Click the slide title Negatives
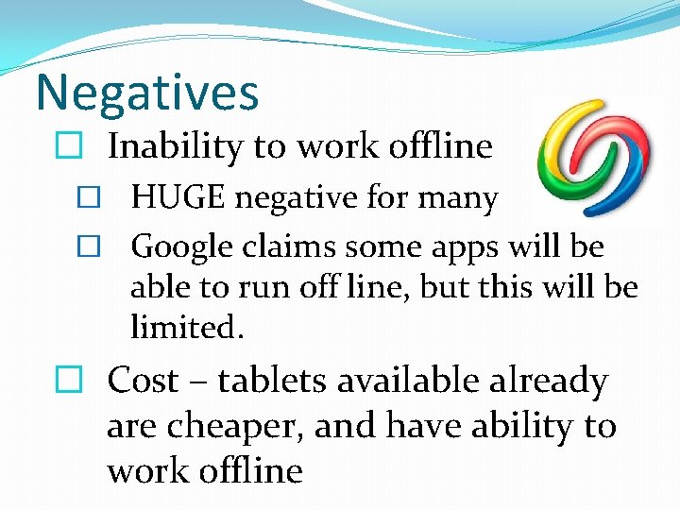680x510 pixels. (x=146, y=93)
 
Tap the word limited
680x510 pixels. (x=187, y=328)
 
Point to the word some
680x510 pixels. (x=368, y=246)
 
